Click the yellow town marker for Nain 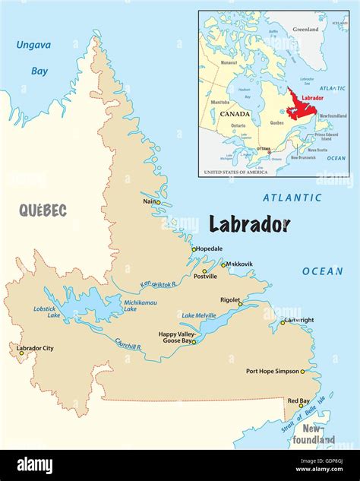[x=158, y=202]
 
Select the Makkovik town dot [x=223, y=265]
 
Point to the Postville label [x=205, y=277]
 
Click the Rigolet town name [x=232, y=299]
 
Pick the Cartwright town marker [x=283, y=322]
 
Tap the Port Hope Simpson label [x=273, y=372]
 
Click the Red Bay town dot [x=301, y=406]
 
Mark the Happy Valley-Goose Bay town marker [x=194, y=342]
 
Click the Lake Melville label [x=198, y=315]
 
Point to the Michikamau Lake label [x=141, y=305]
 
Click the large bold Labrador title [x=249, y=224]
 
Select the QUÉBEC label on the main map [x=43, y=210]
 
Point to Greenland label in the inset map [x=305, y=29]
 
